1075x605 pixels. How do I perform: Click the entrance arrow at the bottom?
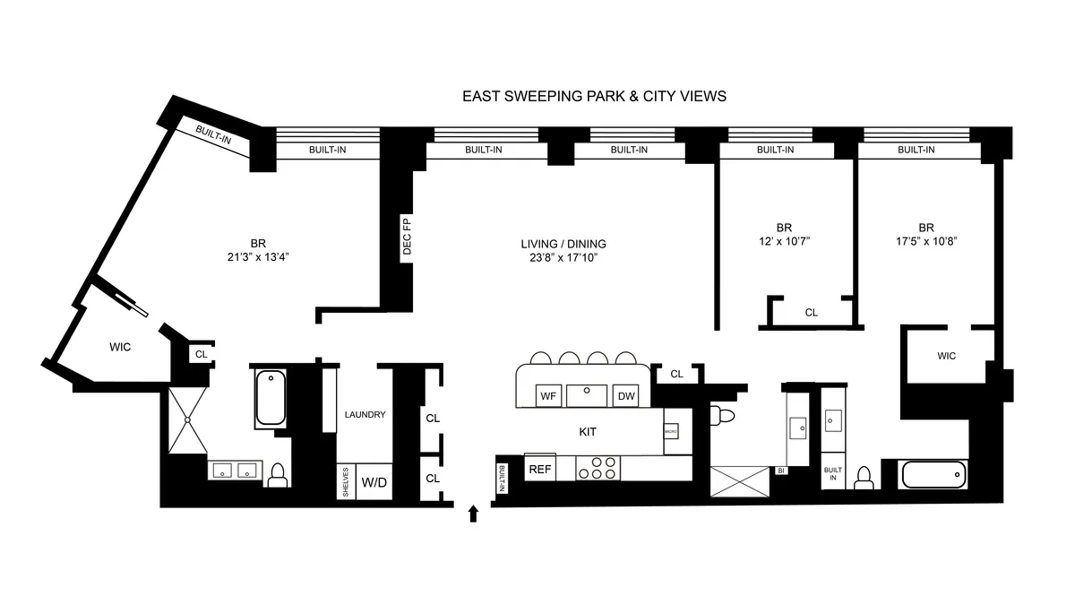click(x=474, y=513)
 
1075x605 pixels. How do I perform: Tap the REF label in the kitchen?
click(x=539, y=468)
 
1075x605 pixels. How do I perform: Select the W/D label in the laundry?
click(x=374, y=482)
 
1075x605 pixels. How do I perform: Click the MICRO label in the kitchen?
click(x=670, y=432)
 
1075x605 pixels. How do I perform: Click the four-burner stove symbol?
click(x=598, y=468)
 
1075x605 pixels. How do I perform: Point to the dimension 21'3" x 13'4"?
click(x=258, y=256)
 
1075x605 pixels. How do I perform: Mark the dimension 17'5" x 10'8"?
click(x=925, y=241)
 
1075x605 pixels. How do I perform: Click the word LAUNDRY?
click(x=365, y=414)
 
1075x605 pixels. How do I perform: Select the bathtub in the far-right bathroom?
click(x=934, y=473)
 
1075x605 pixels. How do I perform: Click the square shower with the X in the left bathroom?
click(x=187, y=419)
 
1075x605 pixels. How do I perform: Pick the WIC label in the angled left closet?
click(x=120, y=347)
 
